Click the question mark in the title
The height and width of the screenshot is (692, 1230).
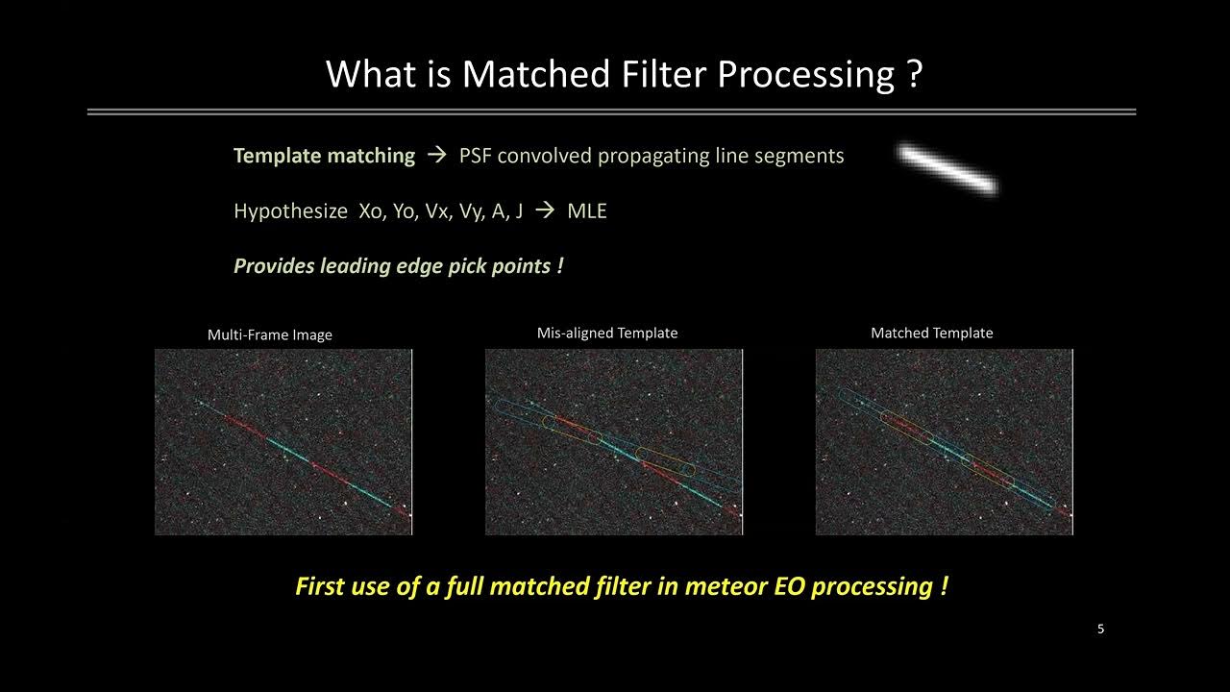coord(914,74)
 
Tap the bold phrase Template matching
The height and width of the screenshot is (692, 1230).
coord(324,156)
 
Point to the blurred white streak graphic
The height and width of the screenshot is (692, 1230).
coord(947,169)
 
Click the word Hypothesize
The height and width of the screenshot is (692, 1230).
coord(290,211)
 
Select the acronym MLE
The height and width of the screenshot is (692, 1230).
coord(587,211)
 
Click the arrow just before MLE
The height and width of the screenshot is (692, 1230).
coord(545,211)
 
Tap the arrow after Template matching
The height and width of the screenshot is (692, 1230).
coord(436,156)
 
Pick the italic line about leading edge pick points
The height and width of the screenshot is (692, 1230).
coord(398,266)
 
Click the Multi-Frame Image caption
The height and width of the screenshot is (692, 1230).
coord(270,335)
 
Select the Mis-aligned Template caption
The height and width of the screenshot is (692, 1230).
coord(606,334)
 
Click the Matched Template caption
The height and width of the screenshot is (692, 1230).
coord(931,334)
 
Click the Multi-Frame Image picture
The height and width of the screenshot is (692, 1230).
coord(283,441)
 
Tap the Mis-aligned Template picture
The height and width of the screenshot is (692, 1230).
coord(613,441)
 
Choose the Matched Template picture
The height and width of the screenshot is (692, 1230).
coord(944,441)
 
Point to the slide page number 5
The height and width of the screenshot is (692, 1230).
coord(1100,630)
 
